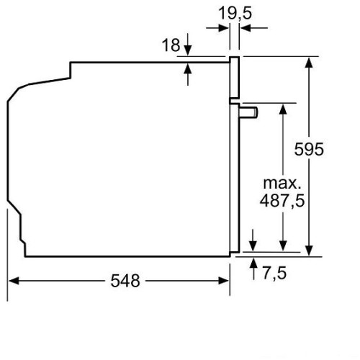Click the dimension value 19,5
[x=235, y=13]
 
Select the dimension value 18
[x=171, y=45]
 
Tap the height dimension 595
[x=309, y=149]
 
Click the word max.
[x=282, y=184]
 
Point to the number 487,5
[x=282, y=200]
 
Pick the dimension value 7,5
[x=274, y=273]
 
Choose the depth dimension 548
[x=125, y=281]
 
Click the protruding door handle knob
[x=248, y=112]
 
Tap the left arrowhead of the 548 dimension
[x=14, y=281]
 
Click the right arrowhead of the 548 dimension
[x=224, y=281]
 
